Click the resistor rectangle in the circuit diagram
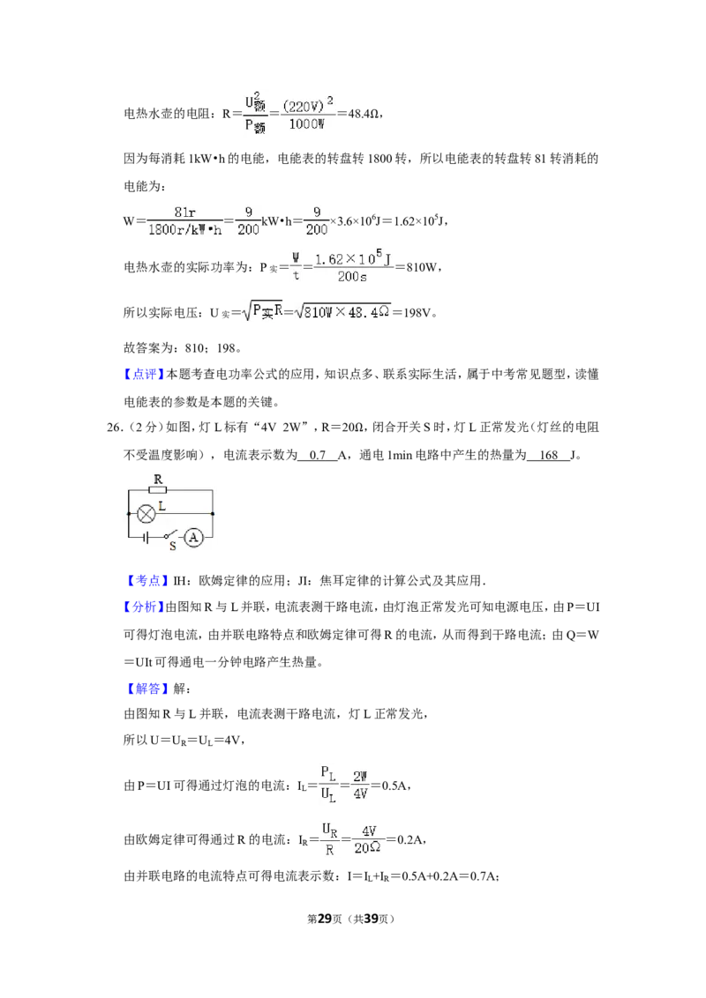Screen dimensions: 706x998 pos(157,489)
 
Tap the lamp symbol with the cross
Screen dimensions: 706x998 pos(146,514)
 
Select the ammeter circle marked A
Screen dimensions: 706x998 pos(193,538)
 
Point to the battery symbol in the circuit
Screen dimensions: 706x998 pos(146,538)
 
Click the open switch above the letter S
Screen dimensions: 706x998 pos(169,534)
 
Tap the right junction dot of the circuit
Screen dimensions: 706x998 pos(213,514)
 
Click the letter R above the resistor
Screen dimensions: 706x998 pos(158,480)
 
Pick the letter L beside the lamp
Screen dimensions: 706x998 pos(161,506)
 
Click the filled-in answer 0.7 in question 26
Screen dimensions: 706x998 pos(318,454)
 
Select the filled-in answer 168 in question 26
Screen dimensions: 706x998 pos(548,454)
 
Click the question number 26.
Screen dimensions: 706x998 pos(114,427)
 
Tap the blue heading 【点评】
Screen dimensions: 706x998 pos(144,374)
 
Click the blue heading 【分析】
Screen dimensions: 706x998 pos(144,607)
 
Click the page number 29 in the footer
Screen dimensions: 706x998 pos(325,919)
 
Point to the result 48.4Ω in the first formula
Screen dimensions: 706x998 pos(364,114)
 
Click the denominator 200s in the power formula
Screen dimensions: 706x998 pos(352,277)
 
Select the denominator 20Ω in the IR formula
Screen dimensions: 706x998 pos(368,848)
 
